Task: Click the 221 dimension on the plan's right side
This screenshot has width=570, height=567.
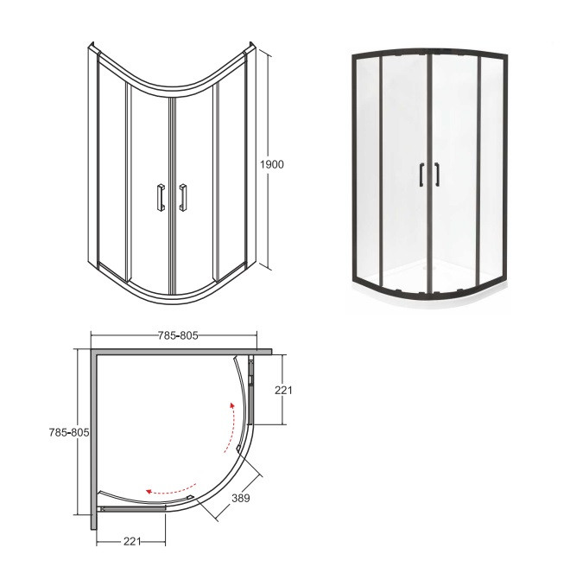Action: [283, 391]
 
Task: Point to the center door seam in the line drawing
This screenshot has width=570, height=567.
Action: [172, 190]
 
